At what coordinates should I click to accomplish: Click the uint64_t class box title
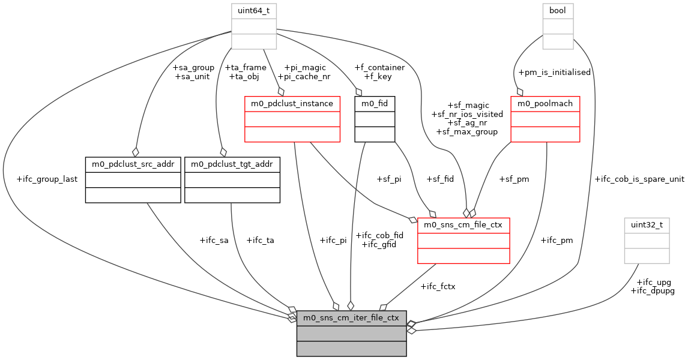pyautogui.click(x=253, y=11)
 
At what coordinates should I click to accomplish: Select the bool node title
pyautogui.click(x=558, y=11)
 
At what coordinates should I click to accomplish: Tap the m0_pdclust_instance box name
pyautogui.click(x=292, y=103)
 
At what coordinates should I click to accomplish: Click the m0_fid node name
pyautogui.click(x=375, y=103)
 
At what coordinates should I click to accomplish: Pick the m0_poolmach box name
pyautogui.click(x=545, y=103)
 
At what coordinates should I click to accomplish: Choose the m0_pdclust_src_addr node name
pyautogui.click(x=133, y=164)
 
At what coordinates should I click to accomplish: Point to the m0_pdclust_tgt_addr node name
pyautogui.click(x=232, y=164)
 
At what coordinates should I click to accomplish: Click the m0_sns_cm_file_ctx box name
pyautogui.click(x=463, y=225)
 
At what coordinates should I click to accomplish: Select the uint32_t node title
pyautogui.click(x=647, y=225)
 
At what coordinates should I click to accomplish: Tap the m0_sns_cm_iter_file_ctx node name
pyautogui.click(x=351, y=317)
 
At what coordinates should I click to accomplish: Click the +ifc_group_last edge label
pyautogui.click(x=47, y=179)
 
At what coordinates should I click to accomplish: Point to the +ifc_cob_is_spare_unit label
pyautogui.click(x=639, y=179)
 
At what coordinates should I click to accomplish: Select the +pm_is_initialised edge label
pyautogui.click(x=554, y=72)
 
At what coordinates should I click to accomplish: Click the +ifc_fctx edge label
pyautogui.click(x=438, y=286)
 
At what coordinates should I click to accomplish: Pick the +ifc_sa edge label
pyautogui.click(x=214, y=240)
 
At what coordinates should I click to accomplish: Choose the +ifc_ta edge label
pyautogui.click(x=260, y=240)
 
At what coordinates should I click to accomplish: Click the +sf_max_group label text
pyautogui.click(x=467, y=131)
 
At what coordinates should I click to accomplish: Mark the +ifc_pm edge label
pyautogui.click(x=557, y=240)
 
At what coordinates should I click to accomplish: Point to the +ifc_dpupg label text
pyautogui.click(x=653, y=290)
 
